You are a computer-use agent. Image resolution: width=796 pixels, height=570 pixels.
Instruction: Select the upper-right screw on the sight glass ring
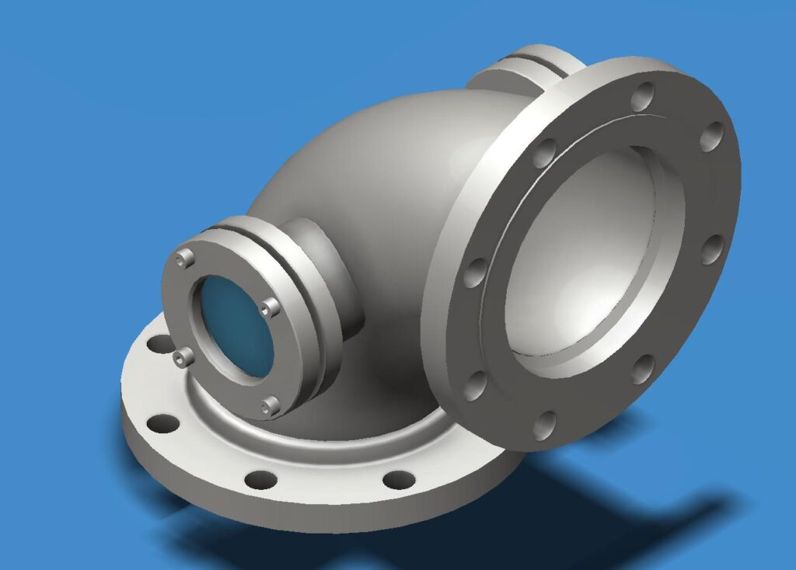tap(269, 309)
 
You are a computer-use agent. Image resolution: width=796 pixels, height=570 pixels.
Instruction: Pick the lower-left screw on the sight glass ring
tap(183, 357)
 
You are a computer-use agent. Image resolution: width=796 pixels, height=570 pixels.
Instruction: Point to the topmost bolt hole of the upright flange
tap(642, 98)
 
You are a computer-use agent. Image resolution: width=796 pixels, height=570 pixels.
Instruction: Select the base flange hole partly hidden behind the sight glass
tap(159, 342)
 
